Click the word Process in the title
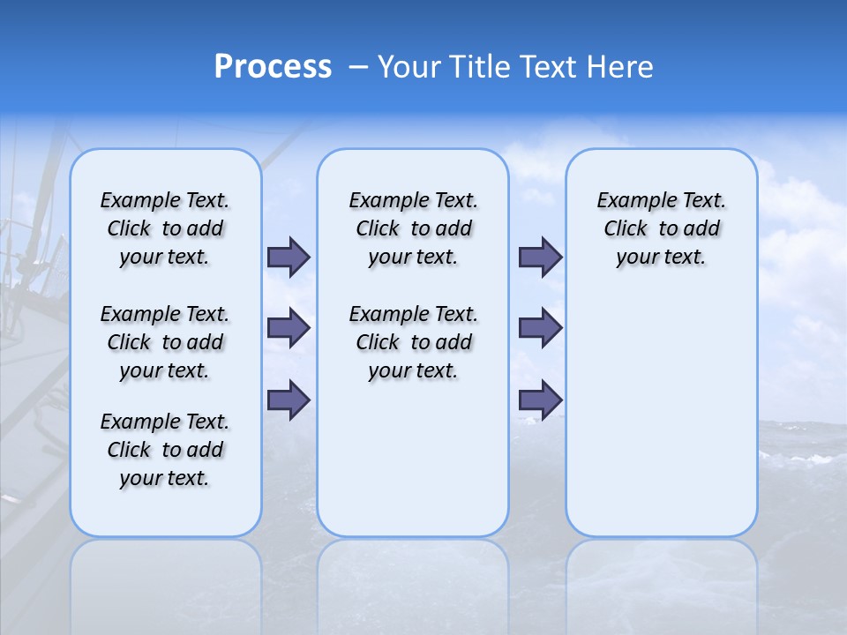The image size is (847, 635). (x=273, y=67)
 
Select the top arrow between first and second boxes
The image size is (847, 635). (x=289, y=257)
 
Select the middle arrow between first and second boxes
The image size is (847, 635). (x=289, y=328)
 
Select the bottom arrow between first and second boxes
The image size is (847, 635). (x=289, y=400)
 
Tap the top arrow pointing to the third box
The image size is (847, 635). (x=540, y=257)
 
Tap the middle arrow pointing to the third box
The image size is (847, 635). (x=540, y=328)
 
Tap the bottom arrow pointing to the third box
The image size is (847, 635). (x=540, y=400)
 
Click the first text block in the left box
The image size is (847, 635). (x=165, y=228)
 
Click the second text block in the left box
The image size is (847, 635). (x=165, y=342)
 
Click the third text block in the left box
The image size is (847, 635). (x=165, y=450)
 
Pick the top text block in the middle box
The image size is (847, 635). (x=413, y=228)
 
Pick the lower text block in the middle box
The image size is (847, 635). (x=413, y=342)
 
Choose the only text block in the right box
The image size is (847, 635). (x=661, y=228)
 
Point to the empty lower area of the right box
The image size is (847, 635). (x=661, y=415)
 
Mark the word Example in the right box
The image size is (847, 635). (x=630, y=201)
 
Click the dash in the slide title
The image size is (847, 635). (x=359, y=67)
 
